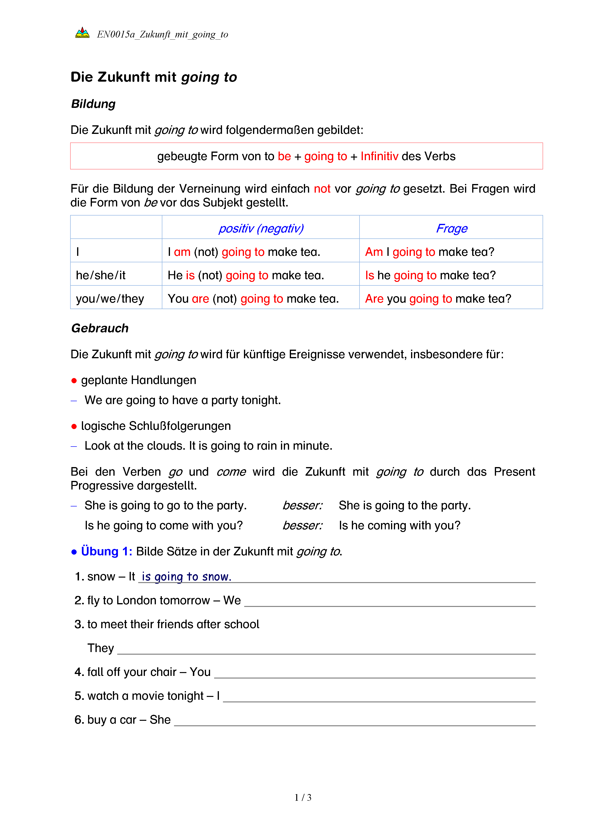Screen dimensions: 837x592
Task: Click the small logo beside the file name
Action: pos(82,33)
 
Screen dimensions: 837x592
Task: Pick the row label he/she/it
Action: pos(100,275)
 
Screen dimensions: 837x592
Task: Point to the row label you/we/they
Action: pos(110,299)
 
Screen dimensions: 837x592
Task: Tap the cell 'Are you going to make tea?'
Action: pos(438,299)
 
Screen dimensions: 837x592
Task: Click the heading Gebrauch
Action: pos(100,328)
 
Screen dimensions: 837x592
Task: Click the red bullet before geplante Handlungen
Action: pos(74,381)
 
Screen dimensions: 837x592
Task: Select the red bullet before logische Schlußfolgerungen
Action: pos(74,426)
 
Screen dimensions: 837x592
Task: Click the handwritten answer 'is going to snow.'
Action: pos(186,577)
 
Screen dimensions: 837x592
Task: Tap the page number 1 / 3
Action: pos(302,798)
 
